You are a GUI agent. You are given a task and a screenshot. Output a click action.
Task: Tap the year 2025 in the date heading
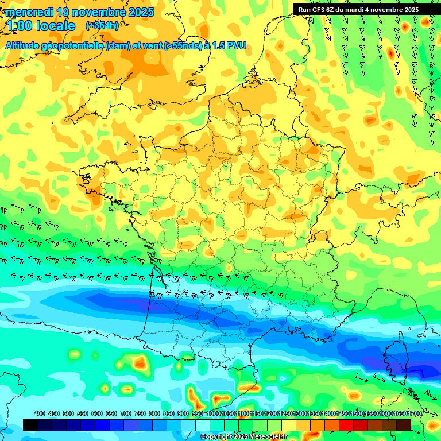point(138,12)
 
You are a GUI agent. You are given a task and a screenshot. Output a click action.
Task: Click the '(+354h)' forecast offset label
point(102,26)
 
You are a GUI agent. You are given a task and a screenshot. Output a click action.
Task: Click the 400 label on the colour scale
point(40,413)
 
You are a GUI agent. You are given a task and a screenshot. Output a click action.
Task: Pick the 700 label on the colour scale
point(125,413)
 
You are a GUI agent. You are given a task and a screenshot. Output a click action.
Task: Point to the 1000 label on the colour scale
point(213,413)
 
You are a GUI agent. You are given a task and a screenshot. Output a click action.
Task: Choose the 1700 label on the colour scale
point(415,413)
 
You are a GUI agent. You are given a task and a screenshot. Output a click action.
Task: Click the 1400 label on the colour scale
point(328,413)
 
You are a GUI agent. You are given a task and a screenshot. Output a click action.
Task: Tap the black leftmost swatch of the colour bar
point(30,425)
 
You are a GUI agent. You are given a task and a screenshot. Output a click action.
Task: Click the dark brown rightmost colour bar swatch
point(404,425)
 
